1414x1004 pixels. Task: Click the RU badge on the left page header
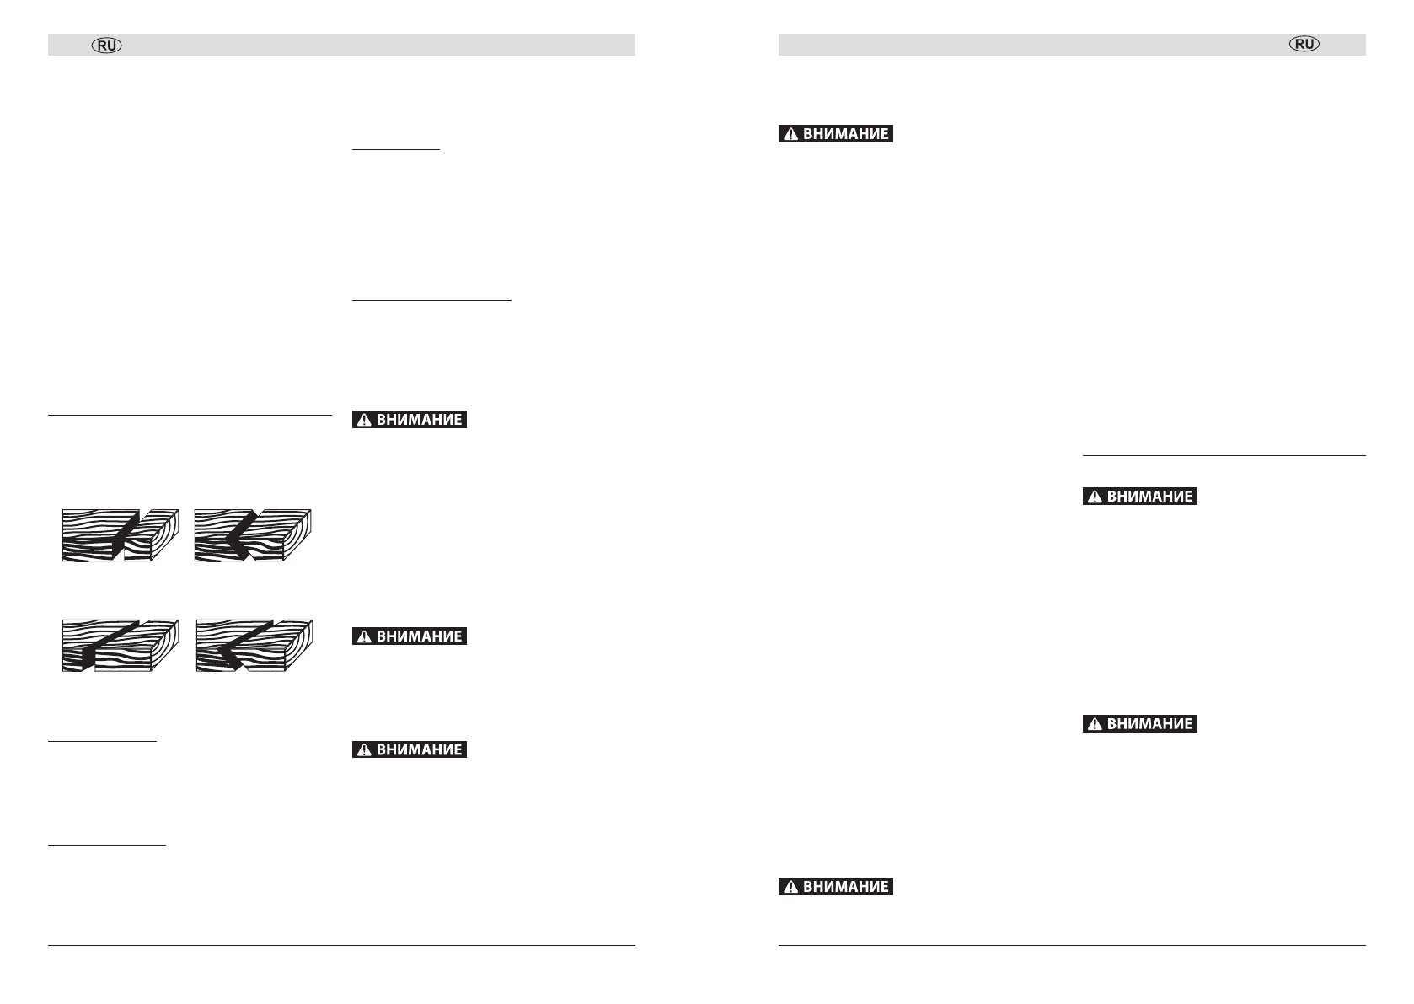pos(107,46)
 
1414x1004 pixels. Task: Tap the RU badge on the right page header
pos(1304,45)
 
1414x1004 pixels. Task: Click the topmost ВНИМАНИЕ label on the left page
pos(410,420)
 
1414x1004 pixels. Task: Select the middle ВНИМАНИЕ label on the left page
pos(410,636)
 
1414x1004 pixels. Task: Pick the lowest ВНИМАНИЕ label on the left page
pos(410,749)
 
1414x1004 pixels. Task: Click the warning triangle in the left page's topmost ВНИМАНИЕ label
pos(364,421)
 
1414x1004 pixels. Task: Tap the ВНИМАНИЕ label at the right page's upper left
pos(836,134)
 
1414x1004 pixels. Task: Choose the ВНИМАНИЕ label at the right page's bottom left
pos(836,887)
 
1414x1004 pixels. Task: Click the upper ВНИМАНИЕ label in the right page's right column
pos(1140,497)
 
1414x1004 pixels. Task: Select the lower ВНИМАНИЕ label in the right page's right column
pos(1140,723)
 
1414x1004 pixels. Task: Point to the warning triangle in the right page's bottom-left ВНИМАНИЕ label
pos(790,888)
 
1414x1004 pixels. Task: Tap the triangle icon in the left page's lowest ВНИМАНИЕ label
pos(364,750)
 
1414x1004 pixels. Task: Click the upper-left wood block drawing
pos(120,535)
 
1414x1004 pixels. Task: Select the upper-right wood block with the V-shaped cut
pos(253,535)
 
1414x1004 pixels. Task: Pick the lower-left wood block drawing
pos(120,646)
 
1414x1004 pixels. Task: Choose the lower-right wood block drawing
pos(254,646)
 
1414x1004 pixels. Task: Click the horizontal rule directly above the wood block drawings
pos(190,415)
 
